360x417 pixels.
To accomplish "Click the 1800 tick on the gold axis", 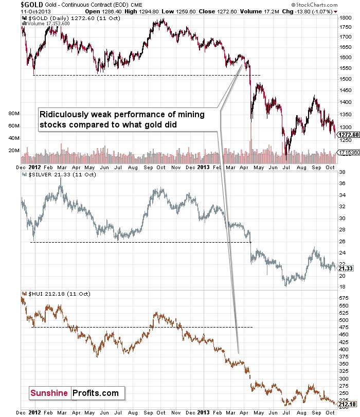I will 345,17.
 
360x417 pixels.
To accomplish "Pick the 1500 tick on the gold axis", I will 345,78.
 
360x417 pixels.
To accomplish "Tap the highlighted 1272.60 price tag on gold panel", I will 348,134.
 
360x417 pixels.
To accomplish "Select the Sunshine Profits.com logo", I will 76,393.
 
